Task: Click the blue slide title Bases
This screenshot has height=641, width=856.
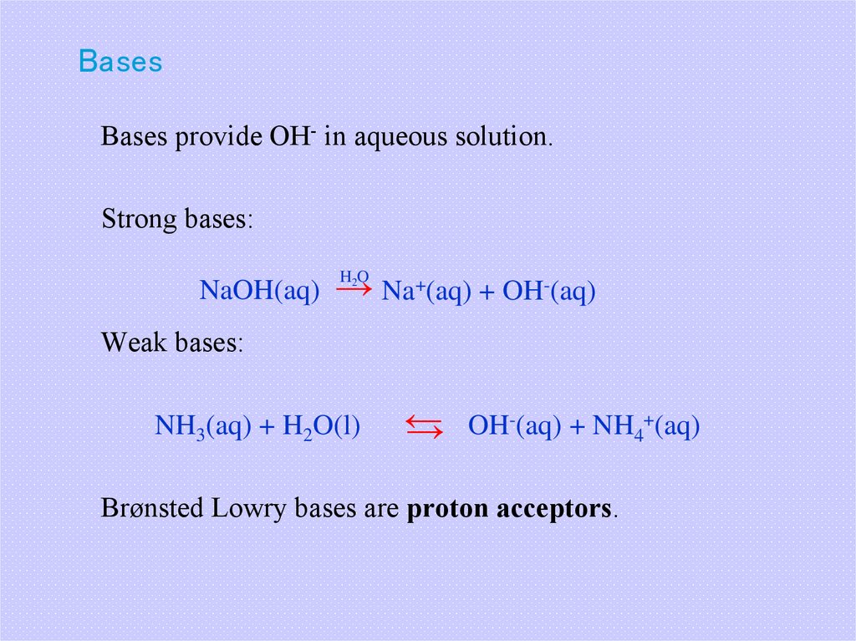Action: [120, 62]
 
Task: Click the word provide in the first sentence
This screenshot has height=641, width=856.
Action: [217, 137]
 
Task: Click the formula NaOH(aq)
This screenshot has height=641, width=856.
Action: [260, 292]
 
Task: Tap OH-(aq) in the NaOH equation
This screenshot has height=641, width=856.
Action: [548, 292]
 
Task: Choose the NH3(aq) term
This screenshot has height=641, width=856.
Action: [203, 427]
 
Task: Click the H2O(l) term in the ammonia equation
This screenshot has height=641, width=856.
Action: [321, 427]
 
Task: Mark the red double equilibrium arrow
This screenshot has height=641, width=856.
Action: [425, 427]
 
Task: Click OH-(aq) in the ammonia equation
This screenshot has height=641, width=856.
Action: [513, 427]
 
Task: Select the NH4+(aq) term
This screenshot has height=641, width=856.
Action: [645, 427]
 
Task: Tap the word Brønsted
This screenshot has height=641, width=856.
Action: [152, 507]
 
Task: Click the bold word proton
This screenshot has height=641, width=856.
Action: [447, 507]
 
